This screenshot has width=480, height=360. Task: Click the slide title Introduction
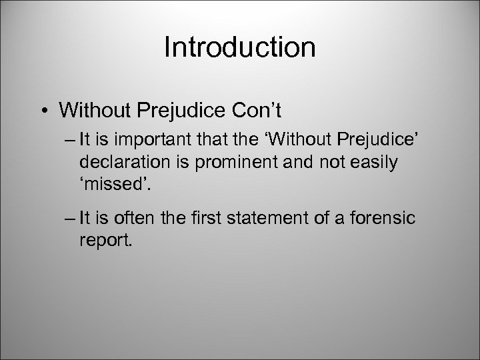(x=239, y=47)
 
